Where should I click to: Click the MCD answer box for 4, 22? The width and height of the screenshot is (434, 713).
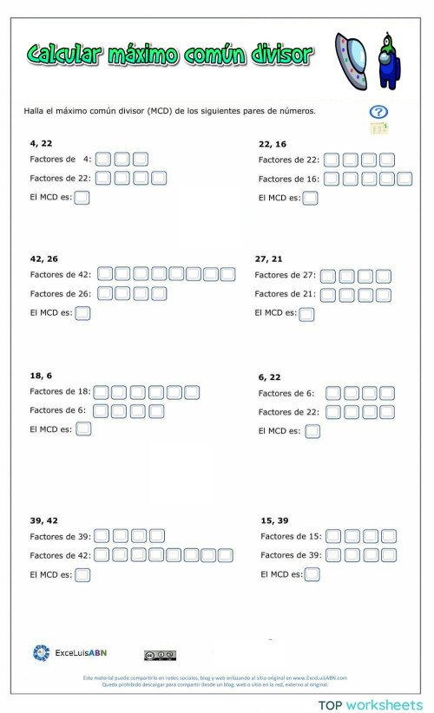82,198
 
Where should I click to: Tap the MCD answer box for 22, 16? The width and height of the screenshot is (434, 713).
310,198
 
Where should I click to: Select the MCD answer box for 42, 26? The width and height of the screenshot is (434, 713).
82,313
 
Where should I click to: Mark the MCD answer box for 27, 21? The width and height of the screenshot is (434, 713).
306,314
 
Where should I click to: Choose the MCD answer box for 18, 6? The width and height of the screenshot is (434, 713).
83,428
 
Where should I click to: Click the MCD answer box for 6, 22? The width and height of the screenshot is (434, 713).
312,431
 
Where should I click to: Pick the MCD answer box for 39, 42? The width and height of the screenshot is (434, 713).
82,574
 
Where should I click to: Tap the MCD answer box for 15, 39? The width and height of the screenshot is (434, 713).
312,574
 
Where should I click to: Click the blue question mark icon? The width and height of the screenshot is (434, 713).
378,112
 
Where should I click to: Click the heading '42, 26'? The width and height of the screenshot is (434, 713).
44,258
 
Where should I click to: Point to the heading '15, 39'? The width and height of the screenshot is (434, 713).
274,520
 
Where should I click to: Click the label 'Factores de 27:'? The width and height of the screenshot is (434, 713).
284,275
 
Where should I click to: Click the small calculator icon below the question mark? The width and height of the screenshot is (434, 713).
378,128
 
